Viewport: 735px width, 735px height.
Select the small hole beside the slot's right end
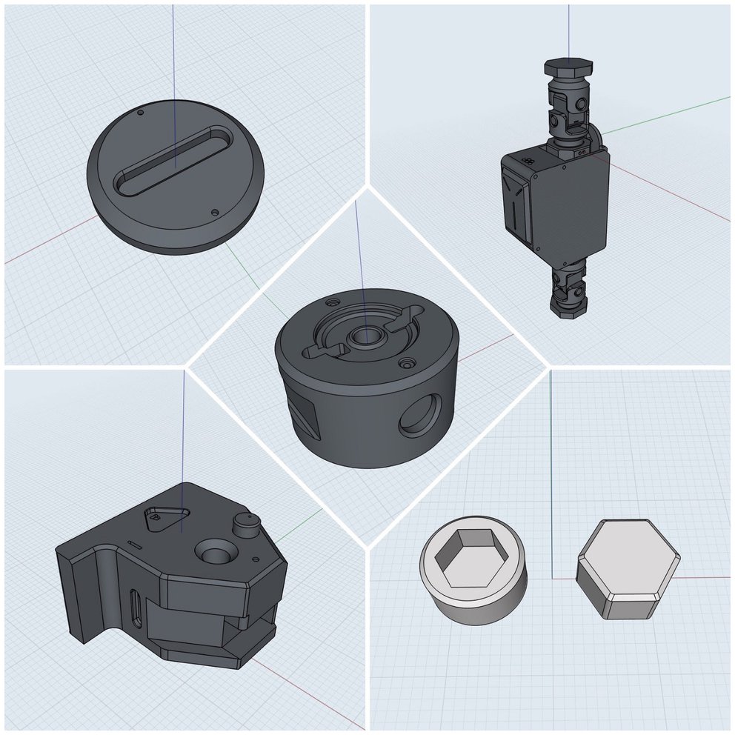215,212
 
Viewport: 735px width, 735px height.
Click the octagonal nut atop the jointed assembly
565,67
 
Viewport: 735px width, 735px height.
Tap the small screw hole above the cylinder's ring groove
332,303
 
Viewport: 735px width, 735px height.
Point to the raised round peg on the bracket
245,524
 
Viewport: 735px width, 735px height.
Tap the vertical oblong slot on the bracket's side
135,609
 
